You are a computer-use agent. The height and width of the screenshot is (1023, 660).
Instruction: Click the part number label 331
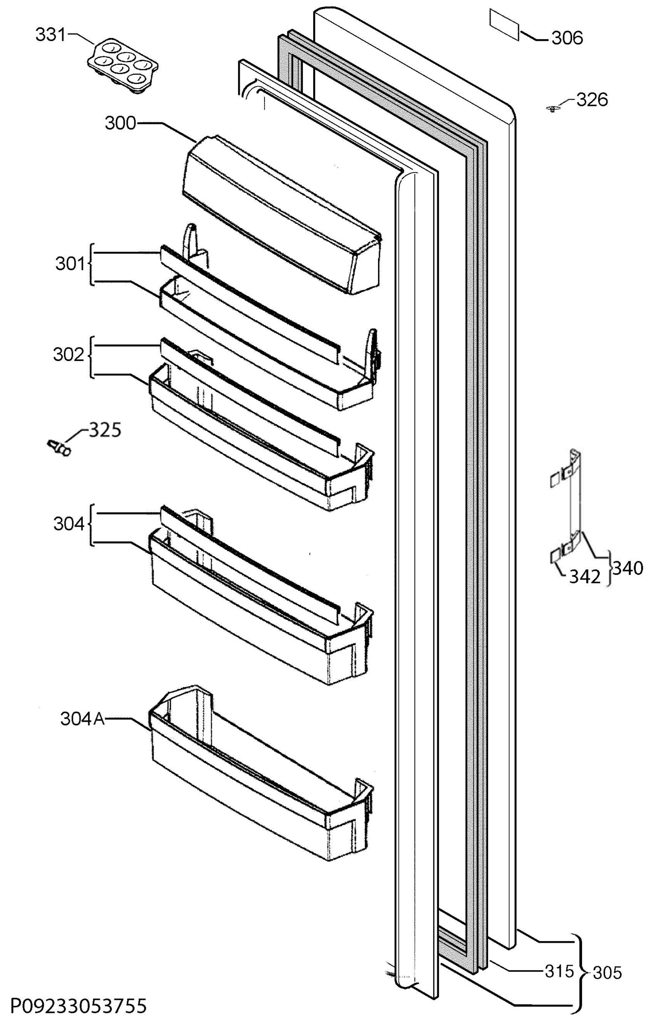tap(50, 35)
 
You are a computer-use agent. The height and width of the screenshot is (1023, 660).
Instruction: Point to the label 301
tap(71, 264)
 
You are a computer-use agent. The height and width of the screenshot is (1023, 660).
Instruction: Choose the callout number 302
tap(69, 355)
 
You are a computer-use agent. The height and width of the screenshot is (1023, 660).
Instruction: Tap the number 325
tap(105, 430)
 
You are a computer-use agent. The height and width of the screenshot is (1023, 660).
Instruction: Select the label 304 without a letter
tap(69, 524)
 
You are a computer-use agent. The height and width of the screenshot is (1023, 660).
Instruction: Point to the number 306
tap(567, 38)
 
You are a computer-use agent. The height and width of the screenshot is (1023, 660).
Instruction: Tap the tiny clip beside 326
tap(554, 109)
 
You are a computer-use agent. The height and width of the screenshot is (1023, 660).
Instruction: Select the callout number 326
tap(592, 100)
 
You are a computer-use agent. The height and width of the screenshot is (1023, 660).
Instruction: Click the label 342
tap(585, 577)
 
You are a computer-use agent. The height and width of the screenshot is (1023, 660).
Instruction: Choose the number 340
tap(628, 568)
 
